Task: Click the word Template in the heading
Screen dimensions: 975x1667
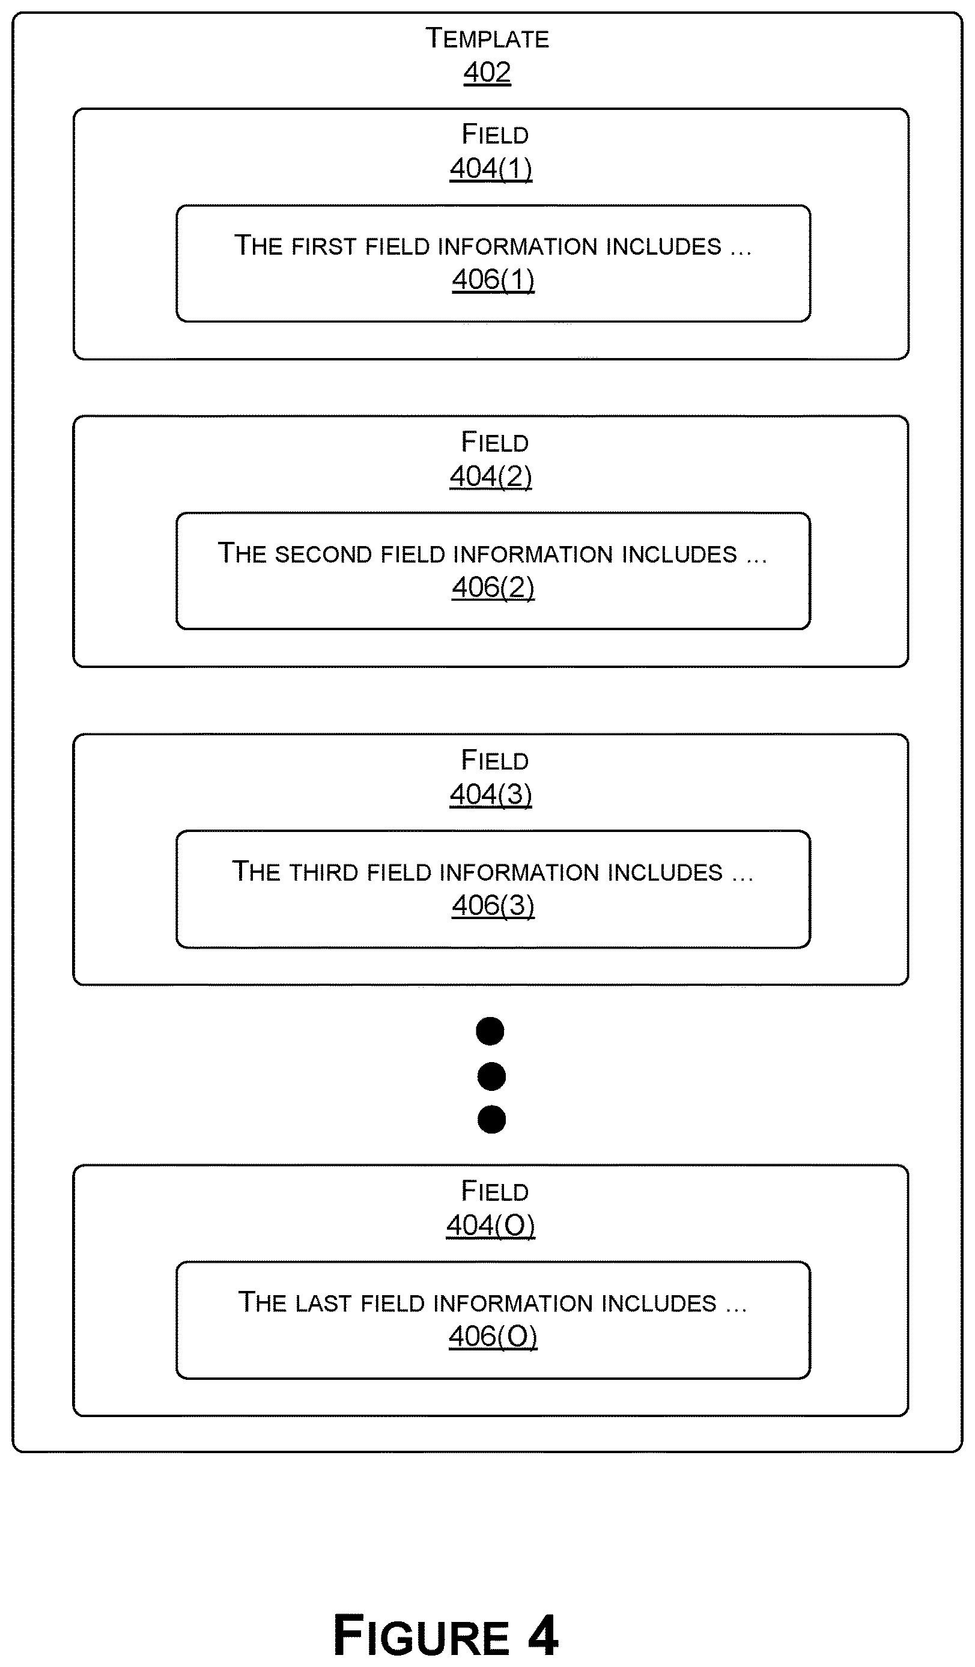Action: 487,38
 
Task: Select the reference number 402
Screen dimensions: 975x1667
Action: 487,72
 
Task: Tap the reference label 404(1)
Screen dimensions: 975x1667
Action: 491,169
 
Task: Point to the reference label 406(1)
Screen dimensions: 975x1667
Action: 493,279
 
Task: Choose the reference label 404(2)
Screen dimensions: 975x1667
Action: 491,476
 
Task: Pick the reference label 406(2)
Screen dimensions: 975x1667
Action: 493,587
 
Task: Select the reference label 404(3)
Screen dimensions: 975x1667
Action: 491,795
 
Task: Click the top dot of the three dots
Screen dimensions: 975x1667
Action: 490,1031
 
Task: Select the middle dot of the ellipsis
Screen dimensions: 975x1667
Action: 491,1076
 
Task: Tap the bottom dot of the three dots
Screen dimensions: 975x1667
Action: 491,1120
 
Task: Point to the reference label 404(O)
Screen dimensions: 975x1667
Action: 491,1226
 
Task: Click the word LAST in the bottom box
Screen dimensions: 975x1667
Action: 323,1303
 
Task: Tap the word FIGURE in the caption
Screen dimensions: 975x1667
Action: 421,1635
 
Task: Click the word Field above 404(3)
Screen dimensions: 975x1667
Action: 495,760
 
